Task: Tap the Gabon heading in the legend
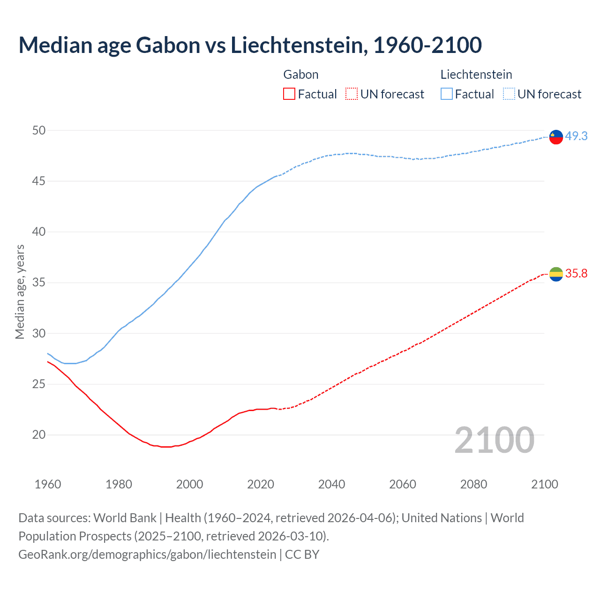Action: pos(301,75)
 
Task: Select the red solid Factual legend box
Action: pos(289,94)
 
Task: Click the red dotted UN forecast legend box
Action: pos(352,94)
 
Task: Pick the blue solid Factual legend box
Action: pos(446,94)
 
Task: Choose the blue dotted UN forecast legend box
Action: pos(509,94)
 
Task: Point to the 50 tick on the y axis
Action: pos(39,130)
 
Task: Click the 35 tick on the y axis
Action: pos(39,283)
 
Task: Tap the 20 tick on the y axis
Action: pos(39,435)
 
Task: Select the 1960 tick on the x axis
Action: pos(48,484)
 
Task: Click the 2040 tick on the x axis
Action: pos(331,484)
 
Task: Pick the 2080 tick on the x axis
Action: pos(473,484)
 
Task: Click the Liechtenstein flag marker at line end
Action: pos(556,137)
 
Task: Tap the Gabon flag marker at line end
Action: pos(556,274)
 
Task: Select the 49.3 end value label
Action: pos(576,136)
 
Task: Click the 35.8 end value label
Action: pos(576,273)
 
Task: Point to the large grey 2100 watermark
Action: pos(494,440)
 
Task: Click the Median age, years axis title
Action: pos(20,292)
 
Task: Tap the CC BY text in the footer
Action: pos(302,554)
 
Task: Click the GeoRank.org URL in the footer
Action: pos(147,554)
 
